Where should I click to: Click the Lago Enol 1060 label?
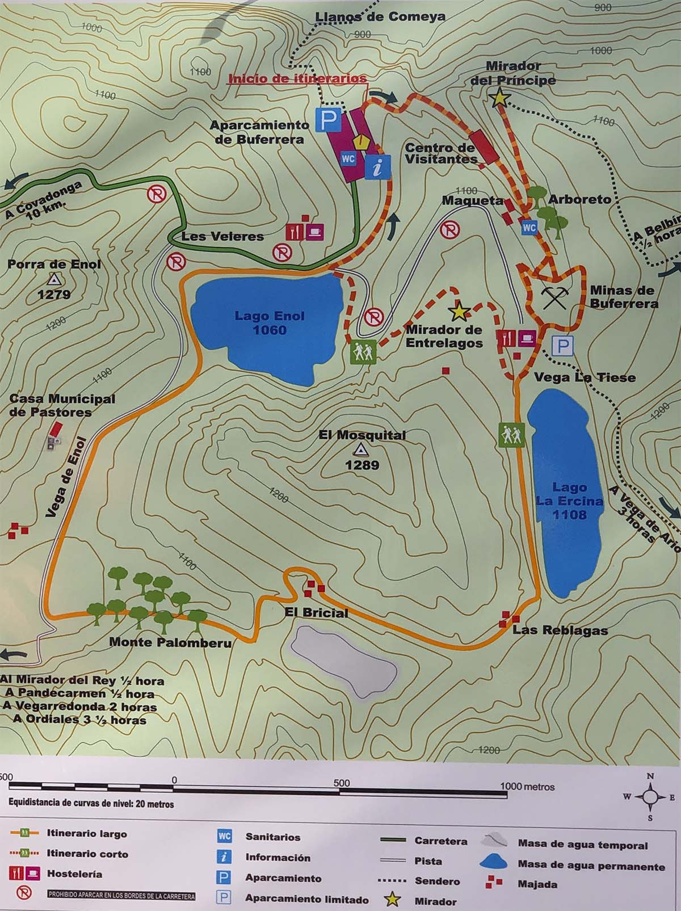(270, 323)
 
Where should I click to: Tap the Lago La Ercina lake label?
(569, 501)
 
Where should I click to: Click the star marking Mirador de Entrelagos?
(457, 311)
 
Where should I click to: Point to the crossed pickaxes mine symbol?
(554, 297)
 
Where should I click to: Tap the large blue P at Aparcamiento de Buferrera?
(330, 120)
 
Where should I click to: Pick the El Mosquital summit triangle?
(359, 451)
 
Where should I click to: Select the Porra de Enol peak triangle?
(54, 279)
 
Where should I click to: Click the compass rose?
(650, 797)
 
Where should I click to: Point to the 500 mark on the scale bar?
(342, 783)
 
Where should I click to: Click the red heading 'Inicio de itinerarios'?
(297, 79)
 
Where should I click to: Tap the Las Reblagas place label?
(560, 630)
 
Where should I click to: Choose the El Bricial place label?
(317, 613)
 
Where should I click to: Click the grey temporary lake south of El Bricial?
(343, 656)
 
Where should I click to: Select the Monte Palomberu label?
(170, 643)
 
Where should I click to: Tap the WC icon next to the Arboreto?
(529, 228)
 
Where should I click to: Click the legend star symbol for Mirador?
(393, 900)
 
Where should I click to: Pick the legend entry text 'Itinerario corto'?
(87, 854)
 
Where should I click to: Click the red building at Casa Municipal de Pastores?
(56, 430)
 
